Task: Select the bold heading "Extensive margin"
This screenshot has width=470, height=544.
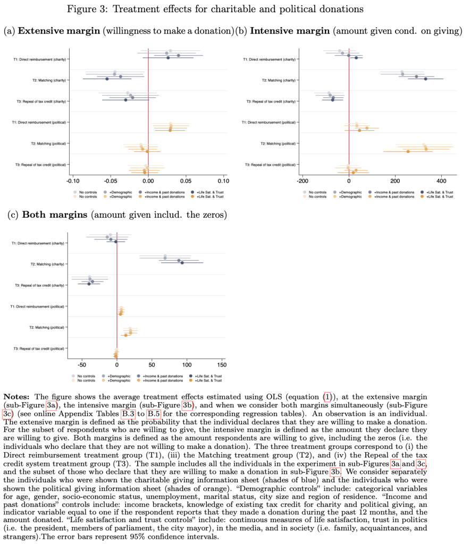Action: pyautogui.click(x=59, y=31)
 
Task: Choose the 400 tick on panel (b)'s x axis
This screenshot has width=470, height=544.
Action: pyautogui.click(x=441, y=180)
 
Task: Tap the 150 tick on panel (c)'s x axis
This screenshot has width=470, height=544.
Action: pyautogui.click(x=221, y=365)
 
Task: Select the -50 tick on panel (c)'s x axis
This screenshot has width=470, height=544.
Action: pyautogui.click(x=81, y=365)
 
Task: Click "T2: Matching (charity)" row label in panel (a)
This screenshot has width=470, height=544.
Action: pyautogui.click(x=47, y=80)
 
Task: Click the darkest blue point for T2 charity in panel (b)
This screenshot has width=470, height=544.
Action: pyautogui.click(x=425, y=79)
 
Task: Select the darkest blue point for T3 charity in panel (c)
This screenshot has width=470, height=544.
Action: pyautogui.click(x=89, y=284)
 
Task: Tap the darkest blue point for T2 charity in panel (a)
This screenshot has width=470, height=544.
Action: pyautogui.click(x=107, y=79)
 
